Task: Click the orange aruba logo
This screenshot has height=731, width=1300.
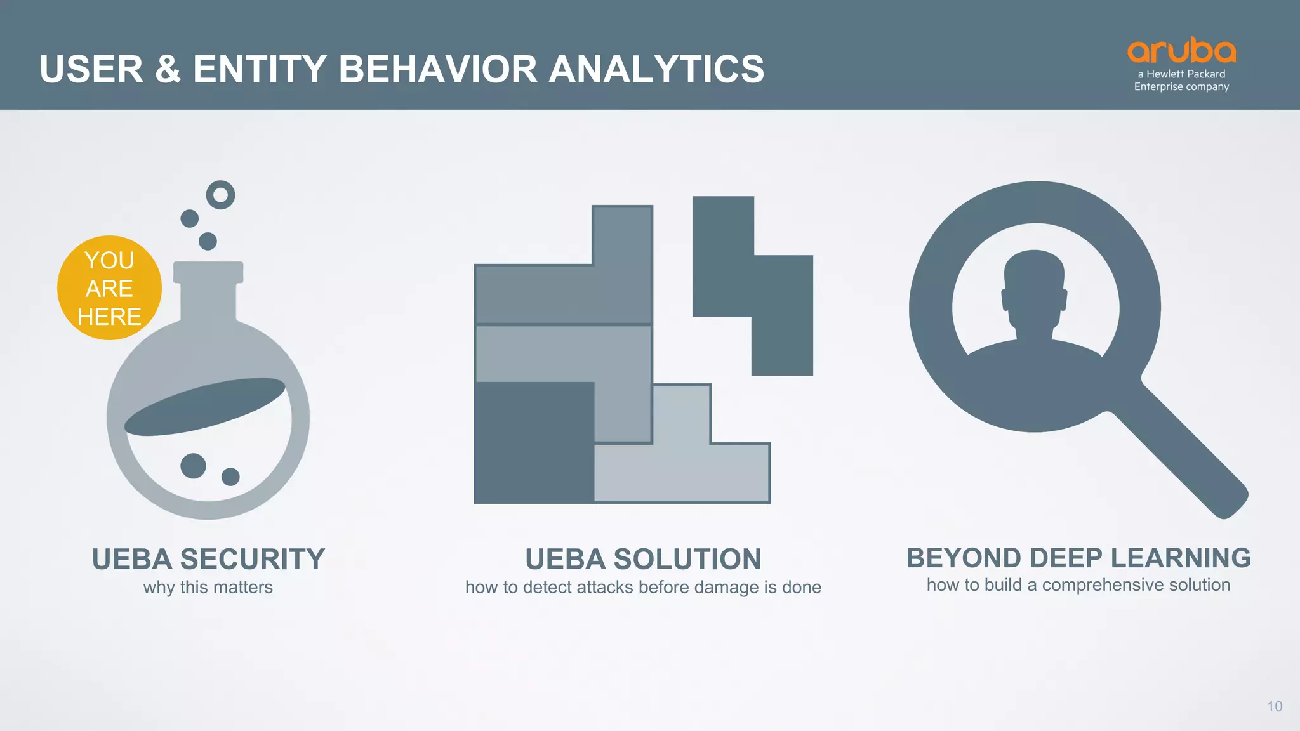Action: tap(1181, 51)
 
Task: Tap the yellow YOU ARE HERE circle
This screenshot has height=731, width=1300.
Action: tap(109, 288)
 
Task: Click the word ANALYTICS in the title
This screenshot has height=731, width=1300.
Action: tap(656, 69)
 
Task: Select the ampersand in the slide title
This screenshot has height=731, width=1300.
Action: tap(168, 69)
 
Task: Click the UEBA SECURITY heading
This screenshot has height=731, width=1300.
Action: tap(208, 559)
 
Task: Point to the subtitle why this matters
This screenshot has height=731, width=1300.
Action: tap(208, 588)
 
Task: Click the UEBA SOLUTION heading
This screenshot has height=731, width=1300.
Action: tap(643, 559)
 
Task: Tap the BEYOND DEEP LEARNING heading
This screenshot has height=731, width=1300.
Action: tap(1078, 558)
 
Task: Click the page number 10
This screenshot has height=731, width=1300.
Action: tap(1274, 706)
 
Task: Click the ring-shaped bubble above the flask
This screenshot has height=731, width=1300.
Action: tap(221, 195)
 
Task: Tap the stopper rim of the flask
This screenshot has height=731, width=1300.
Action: tap(208, 272)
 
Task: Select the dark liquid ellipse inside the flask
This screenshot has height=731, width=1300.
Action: tap(204, 406)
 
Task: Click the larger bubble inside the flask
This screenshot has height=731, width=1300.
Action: tap(193, 466)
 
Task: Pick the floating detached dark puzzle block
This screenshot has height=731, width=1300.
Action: tap(752, 286)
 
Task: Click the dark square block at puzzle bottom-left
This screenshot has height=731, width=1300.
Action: tap(533, 443)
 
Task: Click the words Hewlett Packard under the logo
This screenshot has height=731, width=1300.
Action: tap(1186, 74)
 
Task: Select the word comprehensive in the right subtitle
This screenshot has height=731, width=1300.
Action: tap(1103, 585)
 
